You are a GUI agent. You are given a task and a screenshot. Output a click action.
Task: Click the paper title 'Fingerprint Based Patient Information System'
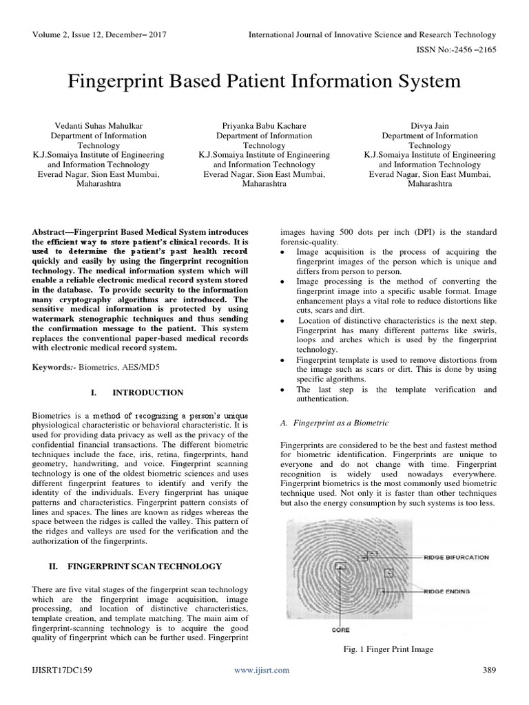pyautogui.click(x=264, y=82)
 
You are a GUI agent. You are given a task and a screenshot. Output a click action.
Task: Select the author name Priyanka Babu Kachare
pyautogui.click(x=264, y=126)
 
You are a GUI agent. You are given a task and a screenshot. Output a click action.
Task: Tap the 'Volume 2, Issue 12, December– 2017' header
pyautogui.click(x=99, y=34)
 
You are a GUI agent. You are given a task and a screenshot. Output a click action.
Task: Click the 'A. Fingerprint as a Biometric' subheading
pyautogui.click(x=334, y=422)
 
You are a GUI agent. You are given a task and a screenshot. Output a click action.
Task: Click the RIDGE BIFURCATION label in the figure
pyautogui.click(x=456, y=557)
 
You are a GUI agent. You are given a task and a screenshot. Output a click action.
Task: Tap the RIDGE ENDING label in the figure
pyautogui.click(x=447, y=591)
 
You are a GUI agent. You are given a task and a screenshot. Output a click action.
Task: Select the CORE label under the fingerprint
pyautogui.click(x=340, y=629)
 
